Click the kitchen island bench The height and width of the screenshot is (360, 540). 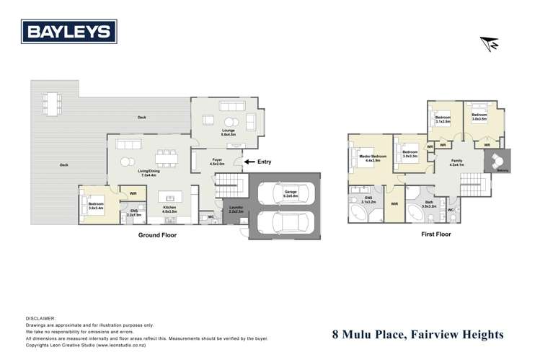(171, 196)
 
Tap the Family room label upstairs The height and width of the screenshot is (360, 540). (456, 162)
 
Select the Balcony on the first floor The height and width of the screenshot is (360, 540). (497, 162)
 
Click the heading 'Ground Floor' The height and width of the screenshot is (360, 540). (157, 234)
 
